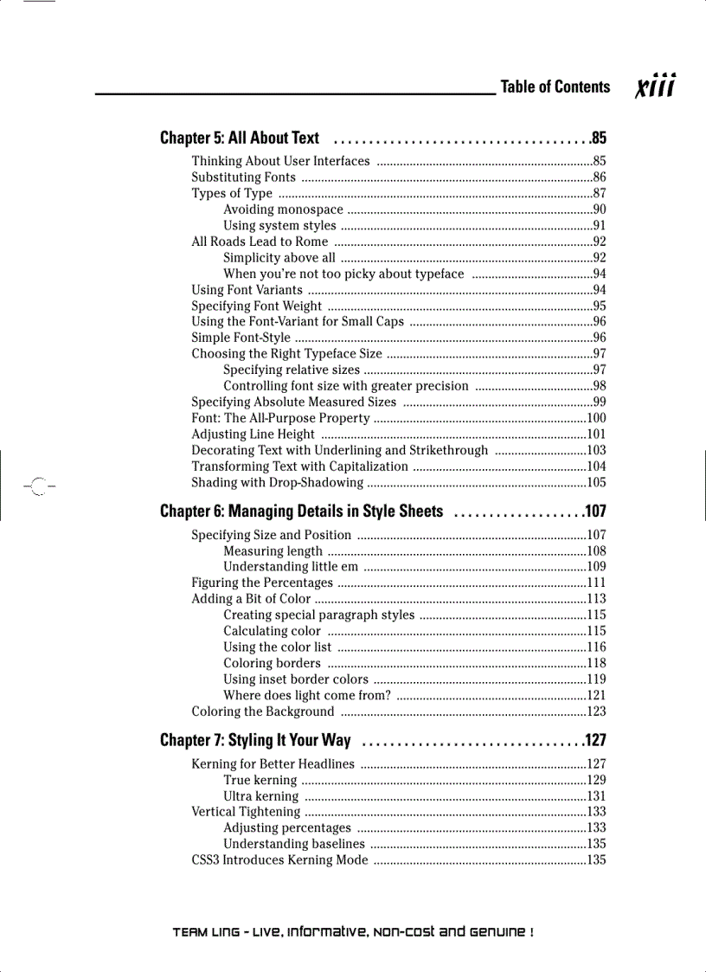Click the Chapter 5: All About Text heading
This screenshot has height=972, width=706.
[x=240, y=138]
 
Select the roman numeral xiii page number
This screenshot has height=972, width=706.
[x=656, y=87]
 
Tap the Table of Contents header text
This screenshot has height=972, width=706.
[x=555, y=87]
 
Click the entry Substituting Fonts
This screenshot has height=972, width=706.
[x=243, y=177]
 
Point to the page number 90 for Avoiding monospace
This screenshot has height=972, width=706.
[x=599, y=209]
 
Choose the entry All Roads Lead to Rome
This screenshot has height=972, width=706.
[x=260, y=241]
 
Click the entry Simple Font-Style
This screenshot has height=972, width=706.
[x=241, y=338]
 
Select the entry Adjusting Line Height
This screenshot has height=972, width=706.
[x=253, y=435]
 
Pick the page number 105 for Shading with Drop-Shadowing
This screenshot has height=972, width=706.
[x=596, y=483]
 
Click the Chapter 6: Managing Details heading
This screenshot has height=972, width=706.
[x=301, y=512]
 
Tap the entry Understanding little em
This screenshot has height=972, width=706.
[x=291, y=567]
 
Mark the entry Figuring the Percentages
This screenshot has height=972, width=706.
[x=261, y=583]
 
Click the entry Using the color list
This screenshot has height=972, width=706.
[x=277, y=647]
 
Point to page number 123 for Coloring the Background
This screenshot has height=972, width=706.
[x=596, y=711]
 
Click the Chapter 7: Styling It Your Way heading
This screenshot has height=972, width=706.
[x=255, y=740]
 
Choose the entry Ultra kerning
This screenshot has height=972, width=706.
[x=260, y=796]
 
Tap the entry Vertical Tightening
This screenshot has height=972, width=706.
[x=246, y=812]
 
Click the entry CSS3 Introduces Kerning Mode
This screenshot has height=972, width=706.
[x=279, y=860]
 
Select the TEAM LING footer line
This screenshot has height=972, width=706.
[x=353, y=932]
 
